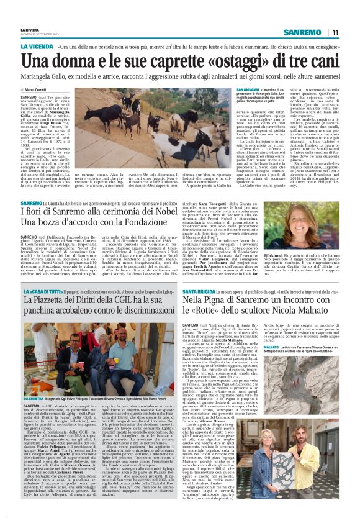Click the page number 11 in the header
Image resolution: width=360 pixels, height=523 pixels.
(x=335, y=32)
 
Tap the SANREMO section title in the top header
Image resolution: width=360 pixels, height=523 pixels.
(x=303, y=32)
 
